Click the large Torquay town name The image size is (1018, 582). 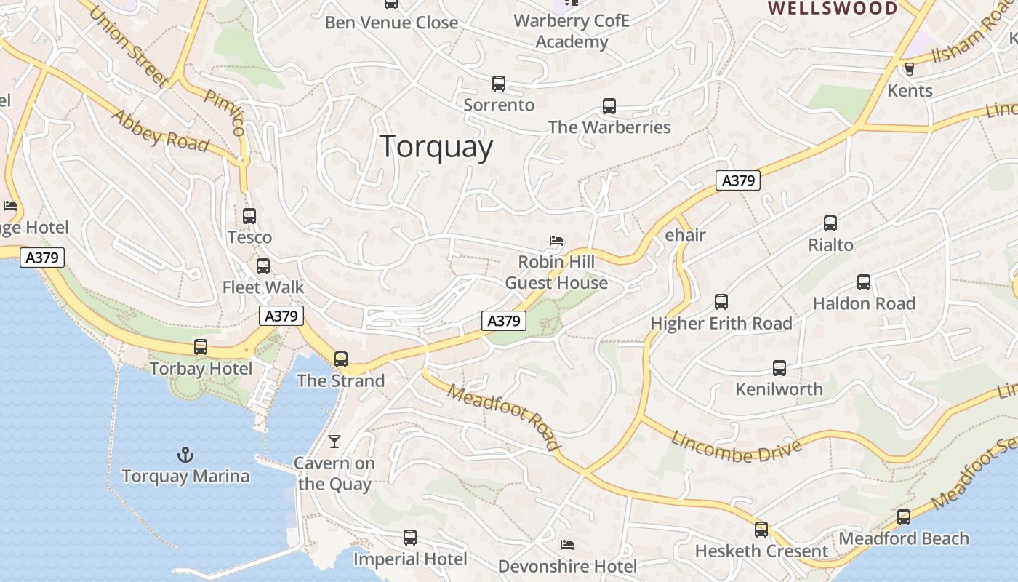(436, 146)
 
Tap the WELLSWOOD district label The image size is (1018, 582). (833, 9)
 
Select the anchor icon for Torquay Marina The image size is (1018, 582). (185, 455)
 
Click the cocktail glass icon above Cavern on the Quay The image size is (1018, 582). (334, 441)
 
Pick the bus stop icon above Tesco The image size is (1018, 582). (249, 216)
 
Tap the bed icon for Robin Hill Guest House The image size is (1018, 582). (556, 240)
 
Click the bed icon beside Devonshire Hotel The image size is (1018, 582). (567, 544)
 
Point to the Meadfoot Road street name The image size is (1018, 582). (504, 418)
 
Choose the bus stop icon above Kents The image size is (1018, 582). (909, 69)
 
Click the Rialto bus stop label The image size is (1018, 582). (830, 245)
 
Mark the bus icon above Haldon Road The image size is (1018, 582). (864, 282)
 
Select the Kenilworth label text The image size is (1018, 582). (779, 389)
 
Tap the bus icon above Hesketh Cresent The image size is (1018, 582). (761, 530)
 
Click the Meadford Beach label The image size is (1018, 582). (904, 539)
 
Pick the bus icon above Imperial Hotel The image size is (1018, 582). (410, 538)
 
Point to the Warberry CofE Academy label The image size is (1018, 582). (572, 31)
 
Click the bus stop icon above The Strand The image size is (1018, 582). (341, 359)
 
